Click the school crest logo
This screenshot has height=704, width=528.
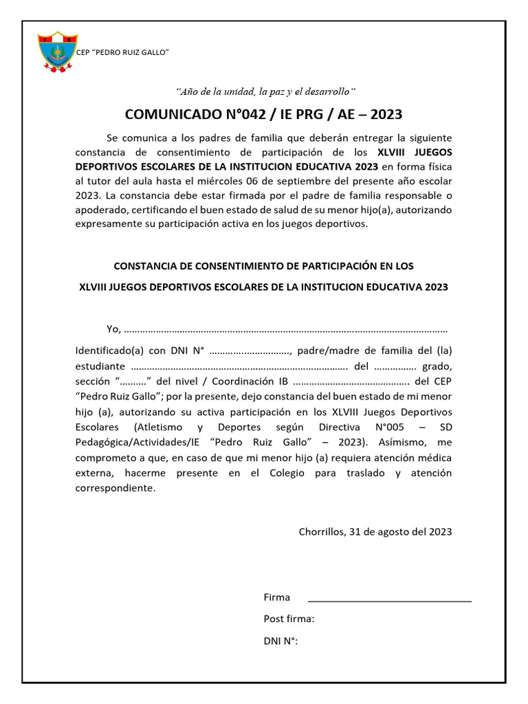tap(57, 52)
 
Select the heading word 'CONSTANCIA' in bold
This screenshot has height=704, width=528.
tap(148, 266)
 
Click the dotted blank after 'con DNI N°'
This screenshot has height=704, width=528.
tap(251, 351)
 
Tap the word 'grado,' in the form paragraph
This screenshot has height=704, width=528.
tap(437, 366)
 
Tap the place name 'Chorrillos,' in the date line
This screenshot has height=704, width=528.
tap(322, 531)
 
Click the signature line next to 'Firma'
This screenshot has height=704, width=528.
tap(389, 601)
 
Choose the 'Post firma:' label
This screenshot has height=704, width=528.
tap(289, 619)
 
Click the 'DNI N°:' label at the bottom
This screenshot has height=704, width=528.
tap(280, 641)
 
